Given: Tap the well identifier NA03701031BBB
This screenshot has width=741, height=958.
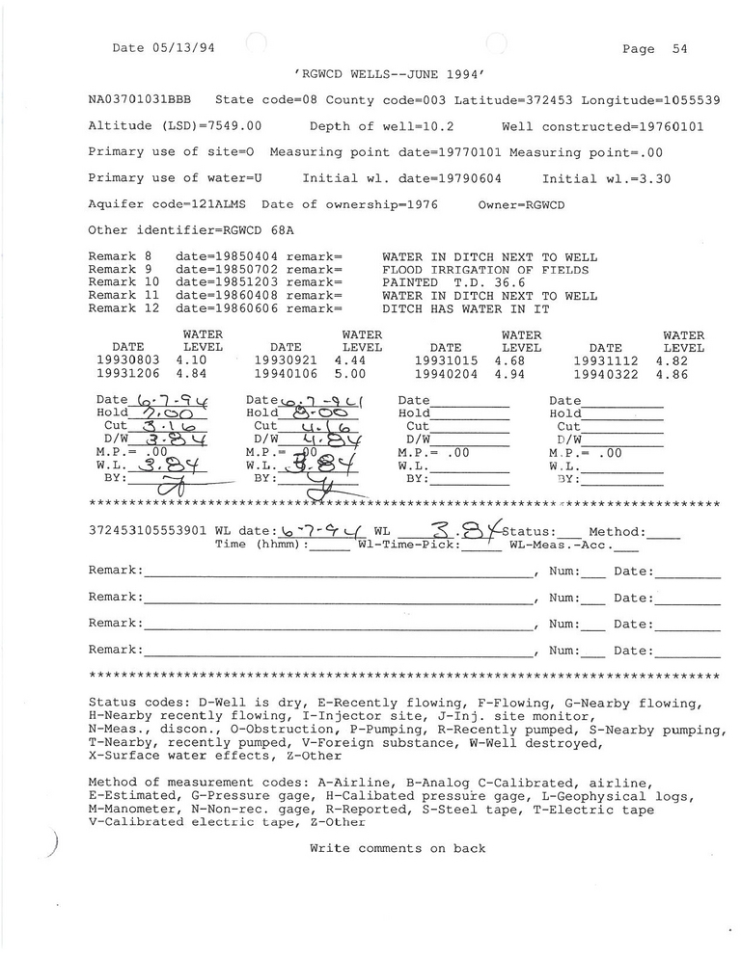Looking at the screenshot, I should tap(139, 99).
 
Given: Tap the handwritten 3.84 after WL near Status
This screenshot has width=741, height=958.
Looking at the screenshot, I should tap(453, 530).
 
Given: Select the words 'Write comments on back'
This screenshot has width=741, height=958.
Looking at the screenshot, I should tap(398, 848).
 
